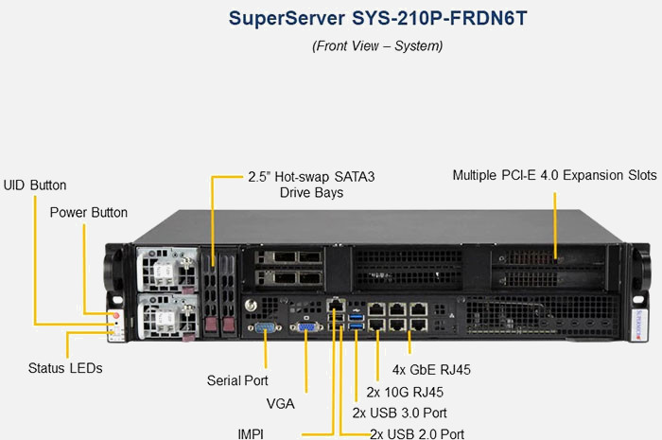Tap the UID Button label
35,185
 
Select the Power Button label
89,212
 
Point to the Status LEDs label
65,367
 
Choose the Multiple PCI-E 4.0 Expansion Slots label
554,175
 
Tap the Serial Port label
238,380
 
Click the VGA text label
280,404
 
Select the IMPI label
251,432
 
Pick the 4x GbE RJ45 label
431,369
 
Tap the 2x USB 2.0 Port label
417,433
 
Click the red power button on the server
115,315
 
